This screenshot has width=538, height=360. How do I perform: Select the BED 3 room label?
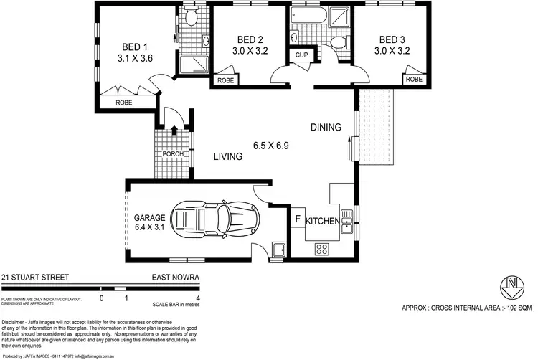(393, 39)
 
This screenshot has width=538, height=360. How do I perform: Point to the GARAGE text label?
(149, 217)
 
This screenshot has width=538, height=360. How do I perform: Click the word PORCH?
(173, 155)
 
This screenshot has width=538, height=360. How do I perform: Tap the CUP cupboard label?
(299, 55)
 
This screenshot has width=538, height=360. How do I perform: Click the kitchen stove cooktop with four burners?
(322, 249)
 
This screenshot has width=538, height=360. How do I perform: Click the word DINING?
(326, 128)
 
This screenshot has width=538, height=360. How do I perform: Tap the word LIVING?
(230, 157)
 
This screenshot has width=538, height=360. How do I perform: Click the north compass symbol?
(511, 286)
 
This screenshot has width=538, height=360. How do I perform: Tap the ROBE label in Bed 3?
(414, 80)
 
